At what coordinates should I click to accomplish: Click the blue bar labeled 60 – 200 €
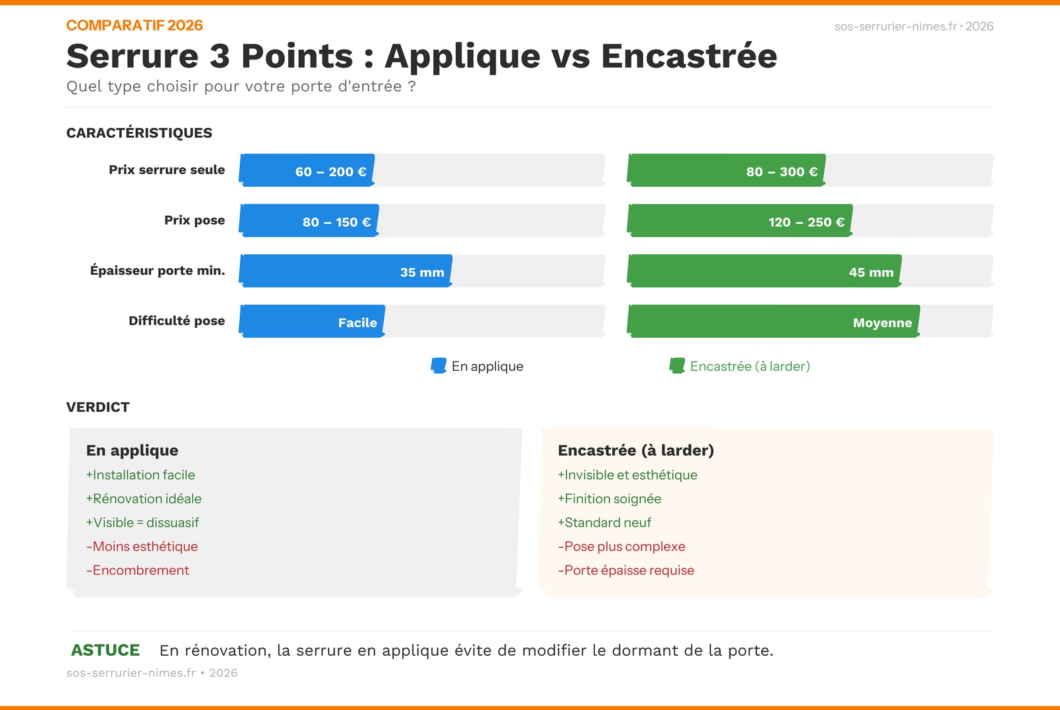point(307,170)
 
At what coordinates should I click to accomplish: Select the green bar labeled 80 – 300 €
point(726,170)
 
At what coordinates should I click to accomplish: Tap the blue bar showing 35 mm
point(345,271)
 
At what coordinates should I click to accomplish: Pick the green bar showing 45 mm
point(765,271)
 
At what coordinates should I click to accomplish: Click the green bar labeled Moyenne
point(774,321)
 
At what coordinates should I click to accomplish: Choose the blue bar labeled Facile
point(312,321)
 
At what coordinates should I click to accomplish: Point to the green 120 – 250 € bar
point(740,221)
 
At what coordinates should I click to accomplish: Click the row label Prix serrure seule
point(167,170)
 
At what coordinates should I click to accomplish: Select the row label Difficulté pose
point(177,321)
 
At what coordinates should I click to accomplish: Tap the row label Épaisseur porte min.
point(158,271)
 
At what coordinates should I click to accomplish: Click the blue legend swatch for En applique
point(439,366)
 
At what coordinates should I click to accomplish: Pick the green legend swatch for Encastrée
point(677,366)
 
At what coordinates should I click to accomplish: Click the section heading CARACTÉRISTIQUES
point(139,133)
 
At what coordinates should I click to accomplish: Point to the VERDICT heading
point(98,407)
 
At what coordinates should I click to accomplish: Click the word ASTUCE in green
point(105,650)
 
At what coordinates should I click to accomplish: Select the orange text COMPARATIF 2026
point(134,26)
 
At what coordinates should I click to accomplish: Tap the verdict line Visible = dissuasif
point(142,523)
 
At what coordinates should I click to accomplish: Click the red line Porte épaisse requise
point(626,570)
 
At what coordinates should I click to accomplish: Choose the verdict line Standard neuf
point(604,523)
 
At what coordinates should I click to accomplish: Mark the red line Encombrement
point(138,570)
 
